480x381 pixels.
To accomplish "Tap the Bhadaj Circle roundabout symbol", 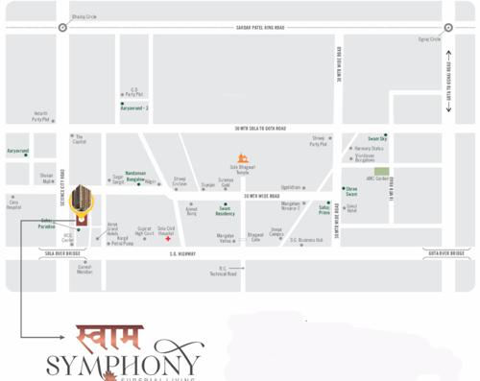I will (x=62, y=28).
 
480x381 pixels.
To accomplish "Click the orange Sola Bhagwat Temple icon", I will (x=243, y=158).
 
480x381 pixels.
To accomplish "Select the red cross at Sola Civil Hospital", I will (x=167, y=238).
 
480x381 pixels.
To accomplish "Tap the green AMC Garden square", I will (x=382, y=171).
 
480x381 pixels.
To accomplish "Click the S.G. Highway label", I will (x=182, y=254).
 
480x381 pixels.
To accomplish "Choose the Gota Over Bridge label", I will (x=444, y=253).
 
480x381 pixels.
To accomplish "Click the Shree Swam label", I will (x=352, y=192).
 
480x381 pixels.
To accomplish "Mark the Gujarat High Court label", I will (x=144, y=231).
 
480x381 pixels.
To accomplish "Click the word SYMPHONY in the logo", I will (x=125, y=366).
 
